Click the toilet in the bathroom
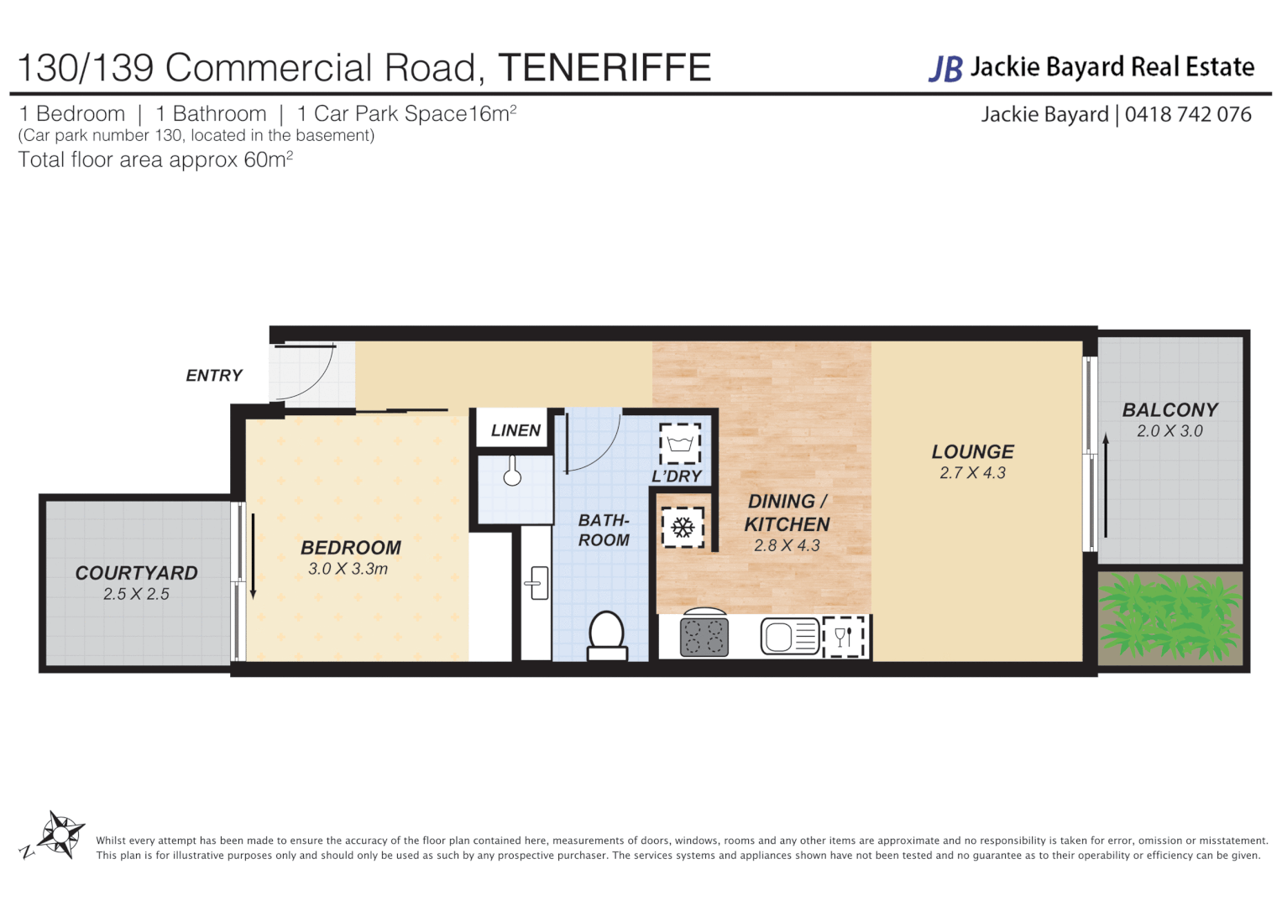coord(606,635)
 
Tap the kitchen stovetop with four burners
coord(704,637)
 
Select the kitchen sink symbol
coord(789,636)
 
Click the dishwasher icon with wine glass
coord(844,637)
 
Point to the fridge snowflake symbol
coord(683,528)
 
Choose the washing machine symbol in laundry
coord(679,443)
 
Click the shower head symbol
coord(512,473)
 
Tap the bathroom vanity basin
coord(537,583)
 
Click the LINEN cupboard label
coord(515,430)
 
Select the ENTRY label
coord(214,375)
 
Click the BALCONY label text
coord(1169,410)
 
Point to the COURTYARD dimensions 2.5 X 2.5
coord(136,594)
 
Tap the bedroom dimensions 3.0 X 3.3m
coord(348,569)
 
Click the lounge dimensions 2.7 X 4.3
coord(972,473)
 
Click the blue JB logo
coord(945,69)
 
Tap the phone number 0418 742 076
coord(1188,114)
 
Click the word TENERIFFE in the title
coord(604,68)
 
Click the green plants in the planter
coord(1169,617)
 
